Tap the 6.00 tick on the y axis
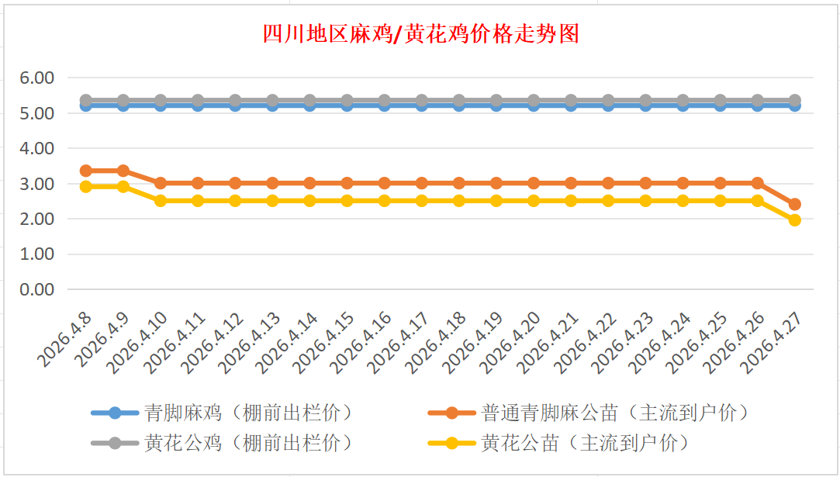tap(37, 78)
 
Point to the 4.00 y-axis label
tap(37, 148)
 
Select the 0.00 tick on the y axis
tap(37, 289)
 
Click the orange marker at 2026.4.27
tap(794, 205)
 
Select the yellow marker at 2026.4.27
tap(794, 220)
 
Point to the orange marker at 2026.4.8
tap(86, 171)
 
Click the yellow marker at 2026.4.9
tap(123, 186)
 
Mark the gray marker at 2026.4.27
tap(794, 101)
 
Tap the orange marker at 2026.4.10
tap(161, 183)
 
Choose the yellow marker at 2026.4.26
tap(757, 201)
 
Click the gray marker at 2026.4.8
tap(86, 101)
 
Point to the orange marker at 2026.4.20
tap(534, 183)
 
